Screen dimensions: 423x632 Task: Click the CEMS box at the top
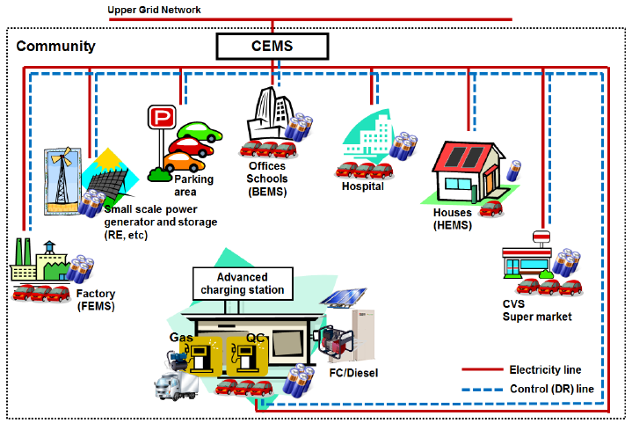coord(272,46)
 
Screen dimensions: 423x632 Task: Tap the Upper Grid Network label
coord(154,10)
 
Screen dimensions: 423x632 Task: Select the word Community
coord(56,46)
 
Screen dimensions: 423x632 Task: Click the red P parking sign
coord(161,117)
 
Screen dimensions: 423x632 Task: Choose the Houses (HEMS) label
coord(454,219)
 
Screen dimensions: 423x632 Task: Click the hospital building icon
coord(369,141)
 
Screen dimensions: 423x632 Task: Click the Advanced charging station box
coord(242,283)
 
